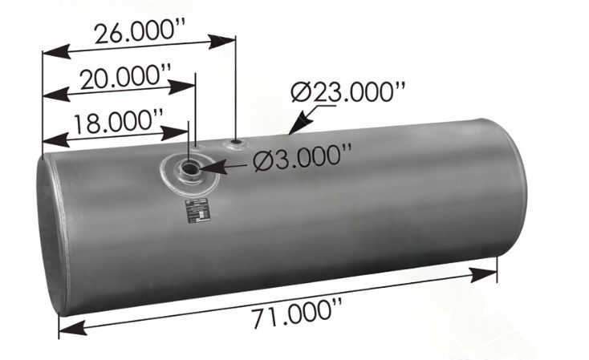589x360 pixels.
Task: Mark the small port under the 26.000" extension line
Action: point(235,145)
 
